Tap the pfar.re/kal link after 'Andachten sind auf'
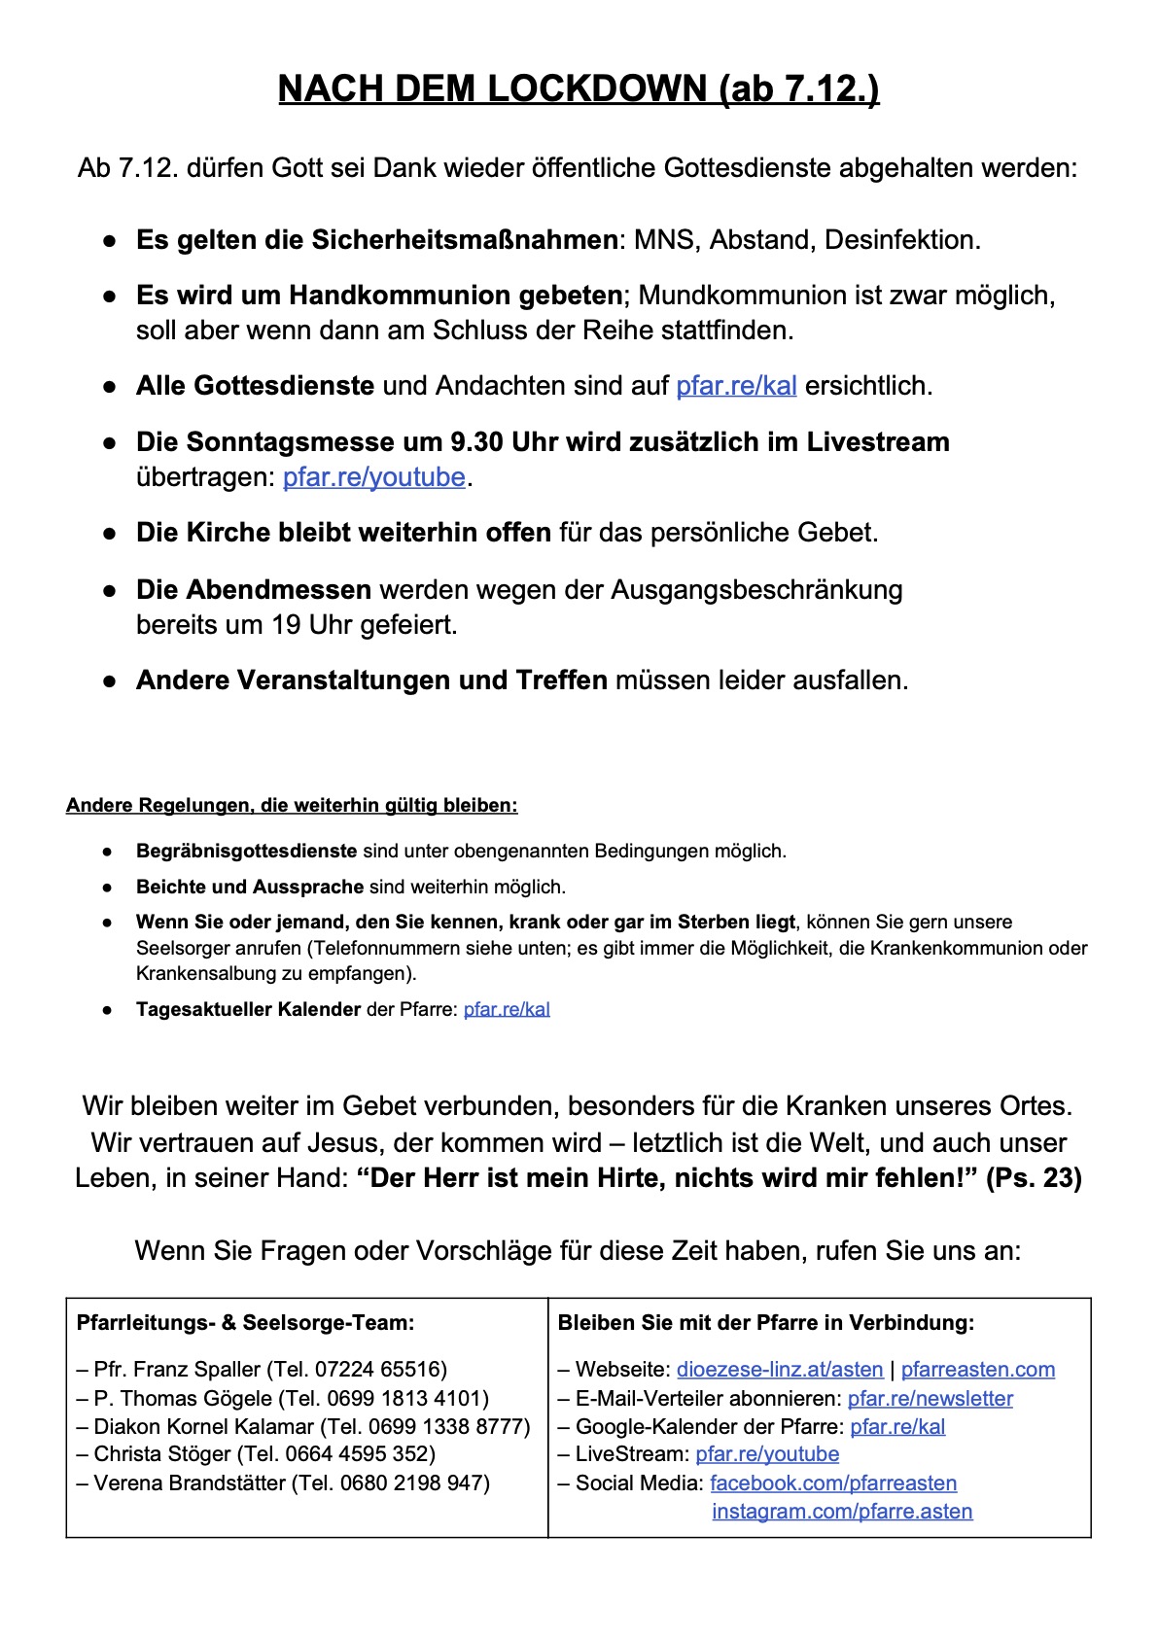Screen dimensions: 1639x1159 tap(736, 386)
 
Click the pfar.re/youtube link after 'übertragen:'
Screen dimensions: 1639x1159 tap(374, 477)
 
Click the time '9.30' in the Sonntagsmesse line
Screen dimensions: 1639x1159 tap(475, 442)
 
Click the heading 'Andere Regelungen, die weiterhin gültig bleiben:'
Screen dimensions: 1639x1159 tap(292, 806)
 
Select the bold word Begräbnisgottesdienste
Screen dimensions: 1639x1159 tap(247, 852)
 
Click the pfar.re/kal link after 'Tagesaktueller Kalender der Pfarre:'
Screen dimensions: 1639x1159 tap(507, 1010)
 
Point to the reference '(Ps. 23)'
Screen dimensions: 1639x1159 tap(1034, 1178)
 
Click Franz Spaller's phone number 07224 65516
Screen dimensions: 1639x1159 tap(380, 1370)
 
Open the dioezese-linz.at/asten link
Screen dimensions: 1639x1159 tap(780, 1370)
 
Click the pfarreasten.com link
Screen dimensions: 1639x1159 tap(977, 1370)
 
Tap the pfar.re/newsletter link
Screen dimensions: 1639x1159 tap(930, 1399)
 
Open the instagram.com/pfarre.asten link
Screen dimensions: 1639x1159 tap(842, 1512)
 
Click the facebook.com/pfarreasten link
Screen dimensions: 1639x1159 tap(833, 1483)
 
